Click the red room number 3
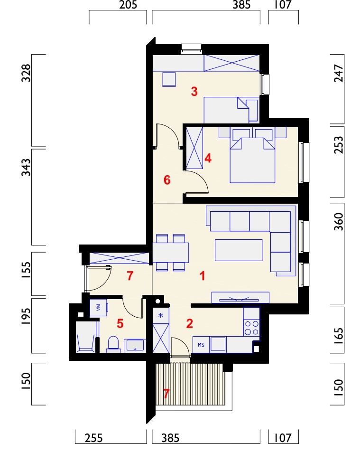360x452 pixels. click(194, 91)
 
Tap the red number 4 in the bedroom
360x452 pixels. click(208, 158)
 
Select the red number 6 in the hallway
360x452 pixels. click(167, 180)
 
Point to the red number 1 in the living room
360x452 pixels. click(203, 276)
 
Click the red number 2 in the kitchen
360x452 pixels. click(190, 324)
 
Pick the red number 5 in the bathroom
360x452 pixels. click(120, 324)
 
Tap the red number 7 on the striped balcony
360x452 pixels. click(166, 394)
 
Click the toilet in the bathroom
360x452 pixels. click(113, 344)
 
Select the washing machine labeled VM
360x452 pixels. click(98, 308)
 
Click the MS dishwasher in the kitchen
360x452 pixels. click(201, 345)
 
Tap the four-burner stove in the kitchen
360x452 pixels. click(251, 328)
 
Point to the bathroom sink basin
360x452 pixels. click(135, 345)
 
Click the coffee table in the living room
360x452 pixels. click(239, 250)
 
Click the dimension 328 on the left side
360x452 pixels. click(26, 73)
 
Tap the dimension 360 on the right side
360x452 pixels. click(339, 222)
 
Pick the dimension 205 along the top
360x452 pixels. click(128, 5)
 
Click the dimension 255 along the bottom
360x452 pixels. click(93, 438)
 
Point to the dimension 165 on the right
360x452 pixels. click(339, 336)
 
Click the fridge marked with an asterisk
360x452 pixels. click(161, 315)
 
